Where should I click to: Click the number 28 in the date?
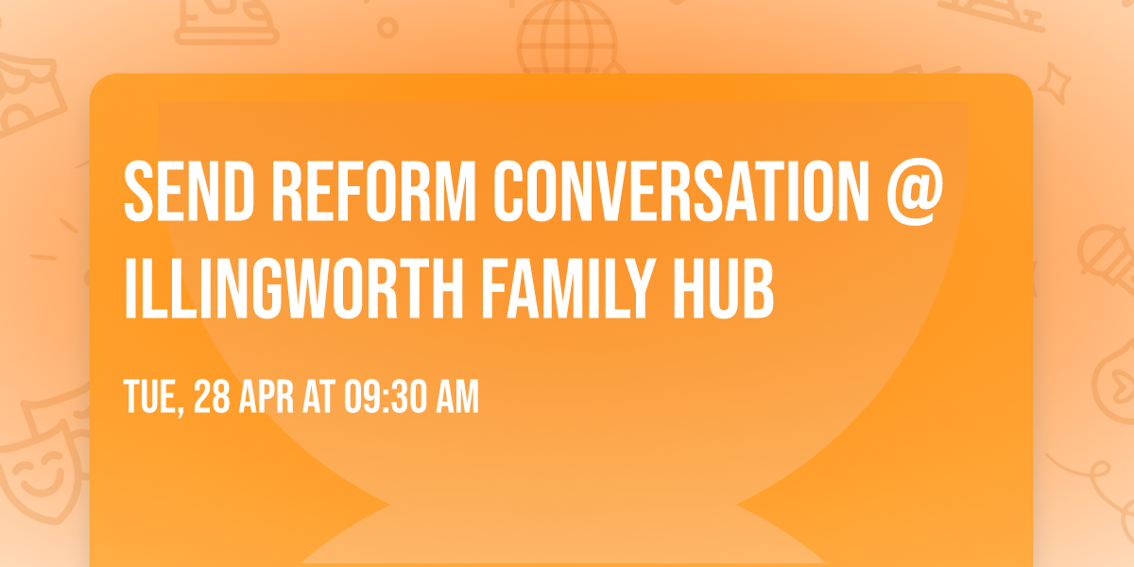pyautogui.click(x=211, y=398)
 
